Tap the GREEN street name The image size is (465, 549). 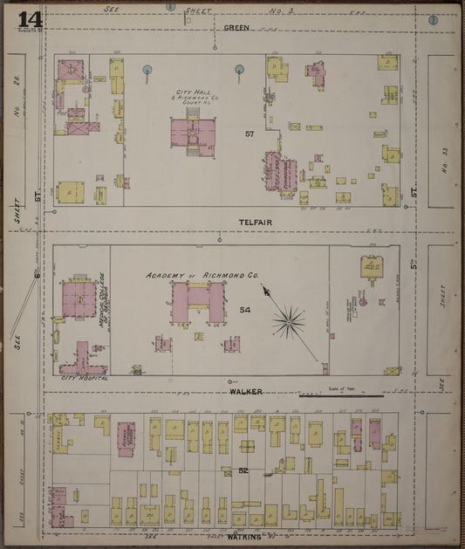point(236,28)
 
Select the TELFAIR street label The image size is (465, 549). point(256,223)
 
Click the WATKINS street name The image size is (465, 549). point(244,538)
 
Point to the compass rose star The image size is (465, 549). point(288,323)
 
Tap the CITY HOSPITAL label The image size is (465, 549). point(84,378)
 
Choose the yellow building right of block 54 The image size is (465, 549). point(373,267)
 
